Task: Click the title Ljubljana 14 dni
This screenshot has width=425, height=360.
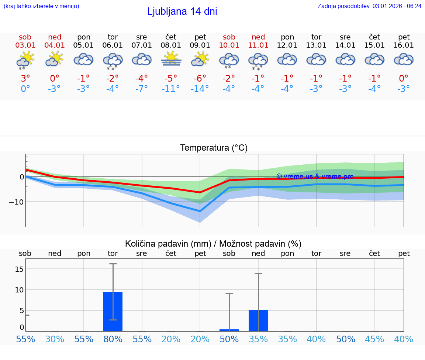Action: tap(182, 11)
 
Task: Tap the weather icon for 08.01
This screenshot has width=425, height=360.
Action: tap(171, 59)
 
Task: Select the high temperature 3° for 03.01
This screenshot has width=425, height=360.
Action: tap(25, 78)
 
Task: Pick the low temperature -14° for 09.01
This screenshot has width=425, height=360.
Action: tap(200, 89)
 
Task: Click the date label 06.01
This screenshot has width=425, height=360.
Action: tap(113, 45)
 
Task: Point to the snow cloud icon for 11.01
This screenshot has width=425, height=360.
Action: tap(258, 60)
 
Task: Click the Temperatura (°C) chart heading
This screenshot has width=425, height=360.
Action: tap(214, 148)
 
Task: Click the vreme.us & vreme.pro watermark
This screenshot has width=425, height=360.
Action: tap(315, 176)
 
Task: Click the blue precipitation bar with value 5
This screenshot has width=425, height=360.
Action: tap(258, 320)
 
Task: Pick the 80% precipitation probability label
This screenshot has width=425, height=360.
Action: tap(113, 339)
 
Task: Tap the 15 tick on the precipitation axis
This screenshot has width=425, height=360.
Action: tap(19, 269)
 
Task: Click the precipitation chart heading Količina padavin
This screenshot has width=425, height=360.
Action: tap(213, 244)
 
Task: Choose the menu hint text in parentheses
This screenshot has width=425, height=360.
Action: tap(41, 6)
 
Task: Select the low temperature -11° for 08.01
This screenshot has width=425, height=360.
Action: tap(171, 89)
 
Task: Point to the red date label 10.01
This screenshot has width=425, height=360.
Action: tap(229, 45)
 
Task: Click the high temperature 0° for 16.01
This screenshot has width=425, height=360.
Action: tap(404, 78)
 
